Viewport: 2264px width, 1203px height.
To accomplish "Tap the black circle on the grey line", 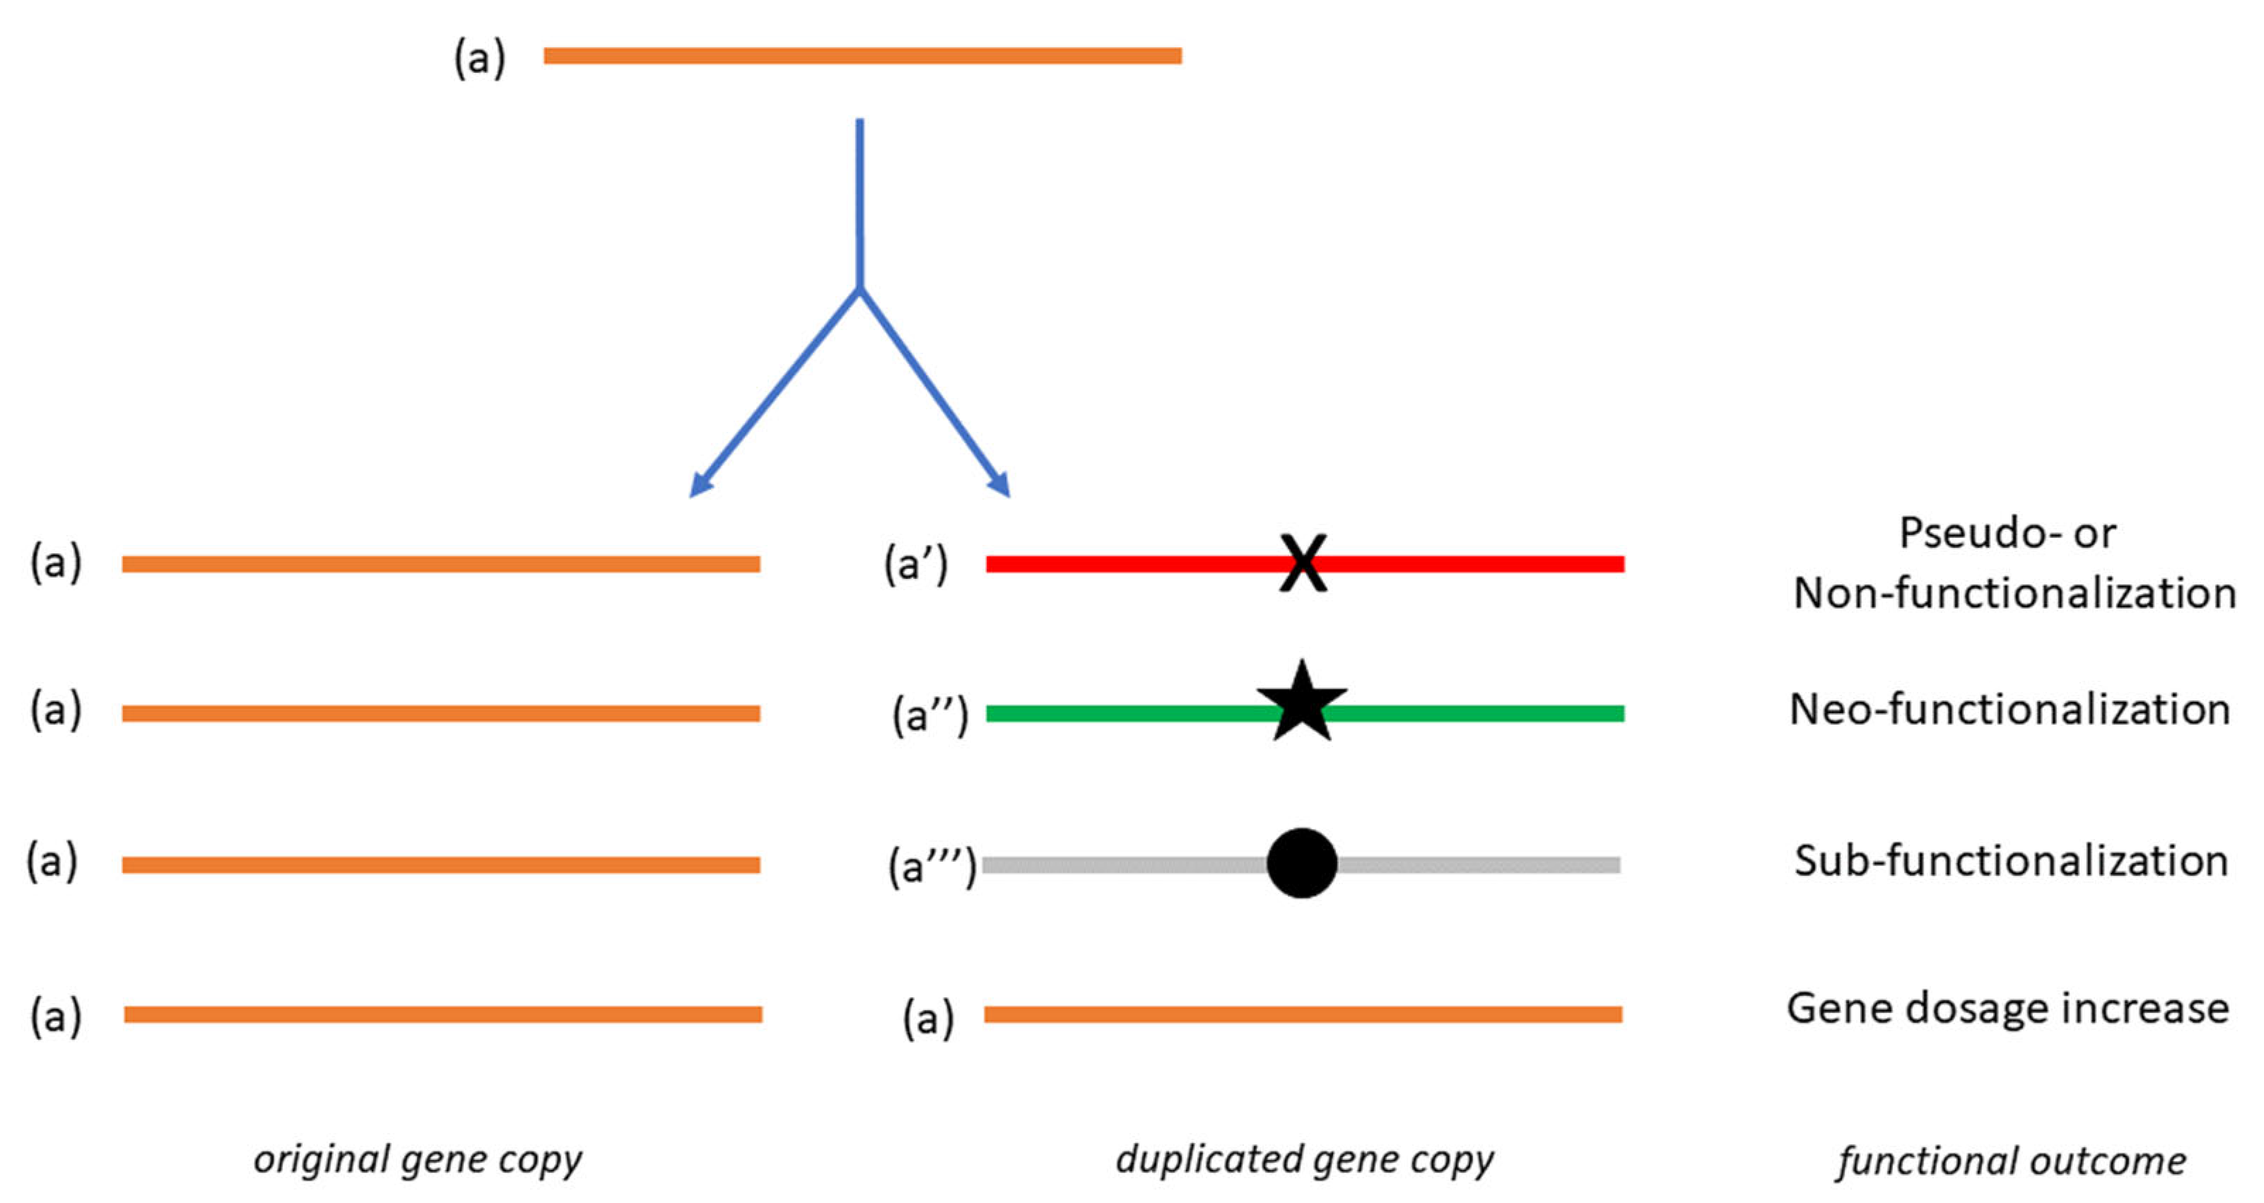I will [x=1301, y=863].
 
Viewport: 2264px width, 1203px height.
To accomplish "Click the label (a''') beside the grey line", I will [x=932, y=867].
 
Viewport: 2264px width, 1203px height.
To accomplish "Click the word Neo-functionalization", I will [x=2010, y=709].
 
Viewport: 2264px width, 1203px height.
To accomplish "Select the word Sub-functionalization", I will [x=2011, y=861].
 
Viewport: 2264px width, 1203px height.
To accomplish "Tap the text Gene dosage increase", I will [x=2008, y=1008].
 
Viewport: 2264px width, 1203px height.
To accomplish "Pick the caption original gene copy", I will [x=418, y=1160].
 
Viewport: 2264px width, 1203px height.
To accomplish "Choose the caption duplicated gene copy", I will [x=1304, y=1160].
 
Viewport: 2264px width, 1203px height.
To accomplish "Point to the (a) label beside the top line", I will [x=480, y=59].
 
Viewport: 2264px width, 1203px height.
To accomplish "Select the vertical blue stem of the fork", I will [x=860, y=202].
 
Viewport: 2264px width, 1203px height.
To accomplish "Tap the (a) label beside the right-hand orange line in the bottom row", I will [x=928, y=1018].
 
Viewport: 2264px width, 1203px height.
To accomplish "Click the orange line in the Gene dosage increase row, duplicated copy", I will [x=1303, y=1014].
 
